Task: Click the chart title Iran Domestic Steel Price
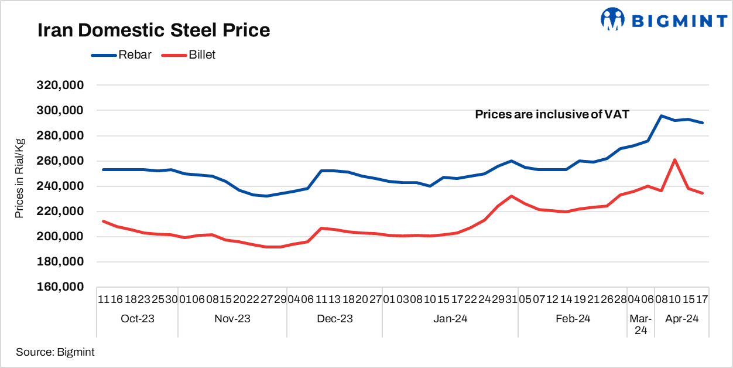153,30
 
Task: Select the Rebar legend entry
135,55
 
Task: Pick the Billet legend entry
202,55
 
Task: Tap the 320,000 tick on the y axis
61,85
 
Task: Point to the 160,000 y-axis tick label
61,287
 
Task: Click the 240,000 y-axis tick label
61,186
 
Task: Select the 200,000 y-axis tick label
61,237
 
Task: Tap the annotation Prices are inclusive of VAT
552,115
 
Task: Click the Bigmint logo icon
613,19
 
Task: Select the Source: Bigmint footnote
55,352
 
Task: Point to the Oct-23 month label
138,319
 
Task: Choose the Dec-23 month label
334,319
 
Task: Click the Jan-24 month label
450,319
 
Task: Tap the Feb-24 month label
572,319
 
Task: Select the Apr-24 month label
681,319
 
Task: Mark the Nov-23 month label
232,319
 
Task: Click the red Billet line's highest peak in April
675,159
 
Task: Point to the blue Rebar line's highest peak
662,116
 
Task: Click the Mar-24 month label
640,325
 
